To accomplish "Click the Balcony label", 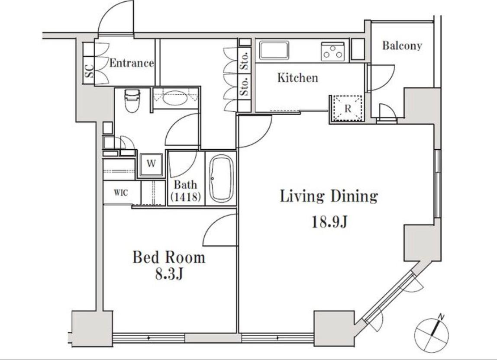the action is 402,45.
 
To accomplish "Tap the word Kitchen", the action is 297,78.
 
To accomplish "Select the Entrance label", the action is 132,63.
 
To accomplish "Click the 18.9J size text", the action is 329,222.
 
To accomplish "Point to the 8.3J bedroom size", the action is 169,274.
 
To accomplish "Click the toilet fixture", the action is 132,101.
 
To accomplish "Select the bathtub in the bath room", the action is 222,178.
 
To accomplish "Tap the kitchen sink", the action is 274,50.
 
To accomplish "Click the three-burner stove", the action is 333,51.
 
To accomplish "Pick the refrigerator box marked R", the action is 347,108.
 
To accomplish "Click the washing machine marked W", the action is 151,164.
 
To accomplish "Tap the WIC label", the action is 121,193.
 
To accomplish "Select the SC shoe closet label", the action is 90,71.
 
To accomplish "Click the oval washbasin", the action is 174,98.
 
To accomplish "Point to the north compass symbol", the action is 432,334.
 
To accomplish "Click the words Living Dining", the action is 329,197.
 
